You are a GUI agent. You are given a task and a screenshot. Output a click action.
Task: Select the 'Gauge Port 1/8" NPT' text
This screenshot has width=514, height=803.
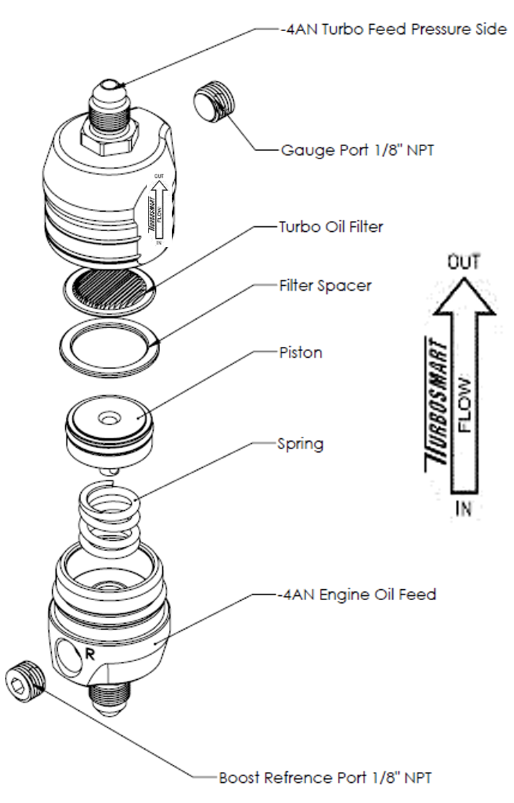pos(358,150)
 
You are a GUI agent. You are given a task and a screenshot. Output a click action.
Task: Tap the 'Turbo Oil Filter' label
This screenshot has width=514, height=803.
pos(328,226)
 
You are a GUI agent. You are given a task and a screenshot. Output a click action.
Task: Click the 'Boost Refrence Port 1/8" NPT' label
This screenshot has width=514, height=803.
pos(326,777)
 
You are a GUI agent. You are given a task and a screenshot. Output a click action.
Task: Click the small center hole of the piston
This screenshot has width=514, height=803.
pos(108,419)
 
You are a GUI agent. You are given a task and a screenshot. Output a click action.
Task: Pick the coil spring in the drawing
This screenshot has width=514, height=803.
pos(110,513)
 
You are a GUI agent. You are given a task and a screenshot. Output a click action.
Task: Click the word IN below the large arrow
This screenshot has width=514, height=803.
pos(465,509)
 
